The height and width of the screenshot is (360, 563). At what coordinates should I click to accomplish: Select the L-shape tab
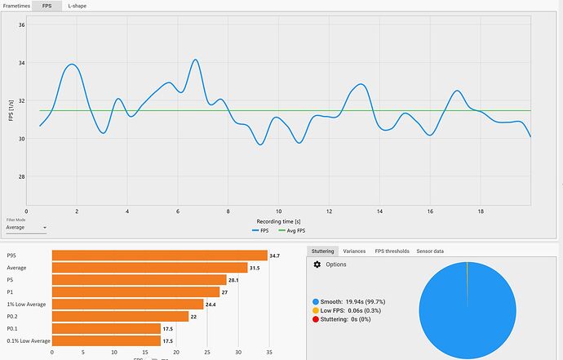[78, 6]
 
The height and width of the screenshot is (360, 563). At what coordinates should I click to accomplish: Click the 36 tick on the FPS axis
[21, 25]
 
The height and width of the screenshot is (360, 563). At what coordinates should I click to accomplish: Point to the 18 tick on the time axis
[481, 211]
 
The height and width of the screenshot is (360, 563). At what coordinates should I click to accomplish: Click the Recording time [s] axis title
[278, 220]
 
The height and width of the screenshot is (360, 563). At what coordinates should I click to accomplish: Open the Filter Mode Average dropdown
[26, 229]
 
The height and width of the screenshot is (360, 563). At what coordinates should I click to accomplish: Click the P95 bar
[159, 256]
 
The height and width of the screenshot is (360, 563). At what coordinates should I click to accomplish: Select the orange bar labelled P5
[139, 279]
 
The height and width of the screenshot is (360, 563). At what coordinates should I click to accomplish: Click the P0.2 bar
[120, 316]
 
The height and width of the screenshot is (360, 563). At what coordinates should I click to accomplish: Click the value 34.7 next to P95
[275, 256]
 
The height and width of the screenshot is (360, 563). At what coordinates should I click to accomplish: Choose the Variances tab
[353, 251]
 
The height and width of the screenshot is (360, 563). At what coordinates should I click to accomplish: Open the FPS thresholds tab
[391, 251]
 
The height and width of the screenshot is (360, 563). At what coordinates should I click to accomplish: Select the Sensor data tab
[430, 251]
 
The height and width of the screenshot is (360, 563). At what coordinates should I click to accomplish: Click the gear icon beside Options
[317, 264]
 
